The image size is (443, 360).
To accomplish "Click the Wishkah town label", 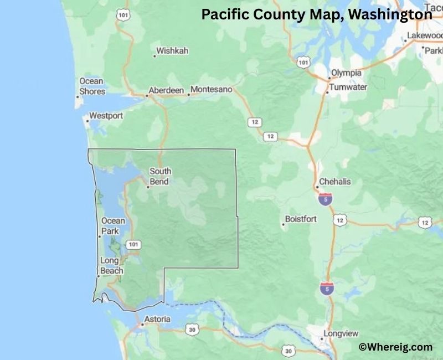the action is (x=172, y=51).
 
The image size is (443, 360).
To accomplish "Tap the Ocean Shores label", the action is (x=92, y=86).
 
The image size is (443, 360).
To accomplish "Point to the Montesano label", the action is (x=211, y=89).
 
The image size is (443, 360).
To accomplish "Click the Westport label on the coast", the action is (x=106, y=116).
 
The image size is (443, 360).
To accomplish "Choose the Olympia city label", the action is (x=346, y=73).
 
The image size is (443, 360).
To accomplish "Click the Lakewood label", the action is (x=424, y=35).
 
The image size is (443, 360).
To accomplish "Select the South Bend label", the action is (x=161, y=176).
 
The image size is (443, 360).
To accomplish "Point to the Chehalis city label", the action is (x=335, y=182).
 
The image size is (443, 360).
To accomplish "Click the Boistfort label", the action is (x=301, y=219).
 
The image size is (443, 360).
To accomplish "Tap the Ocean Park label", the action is (x=113, y=226).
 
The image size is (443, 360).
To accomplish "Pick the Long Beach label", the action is (x=112, y=266).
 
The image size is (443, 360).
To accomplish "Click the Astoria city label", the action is (x=157, y=320).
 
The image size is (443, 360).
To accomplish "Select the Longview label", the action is (x=342, y=333).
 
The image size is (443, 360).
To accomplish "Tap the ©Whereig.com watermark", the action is (x=395, y=347).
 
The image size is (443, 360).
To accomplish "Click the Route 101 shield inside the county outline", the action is (x=133, y=244).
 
